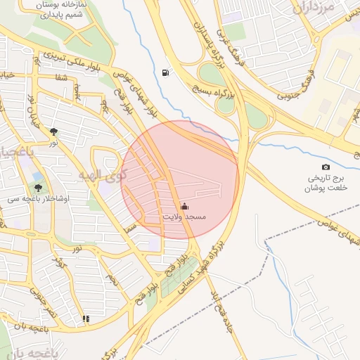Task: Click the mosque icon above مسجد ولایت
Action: [x=184, y=206]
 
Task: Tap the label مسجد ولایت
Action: [x=184, y=217]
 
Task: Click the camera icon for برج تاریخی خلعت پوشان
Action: [x=326, y=167]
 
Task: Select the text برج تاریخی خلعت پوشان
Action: [x=326, y=184]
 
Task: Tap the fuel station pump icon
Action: [x=165, y=72]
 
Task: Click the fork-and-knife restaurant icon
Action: [x=86, y=319]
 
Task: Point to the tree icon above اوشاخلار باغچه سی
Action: [x=37, y=188]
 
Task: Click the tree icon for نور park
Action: [x=53, y=131]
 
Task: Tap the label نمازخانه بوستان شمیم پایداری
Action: [x=54, y=9]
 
